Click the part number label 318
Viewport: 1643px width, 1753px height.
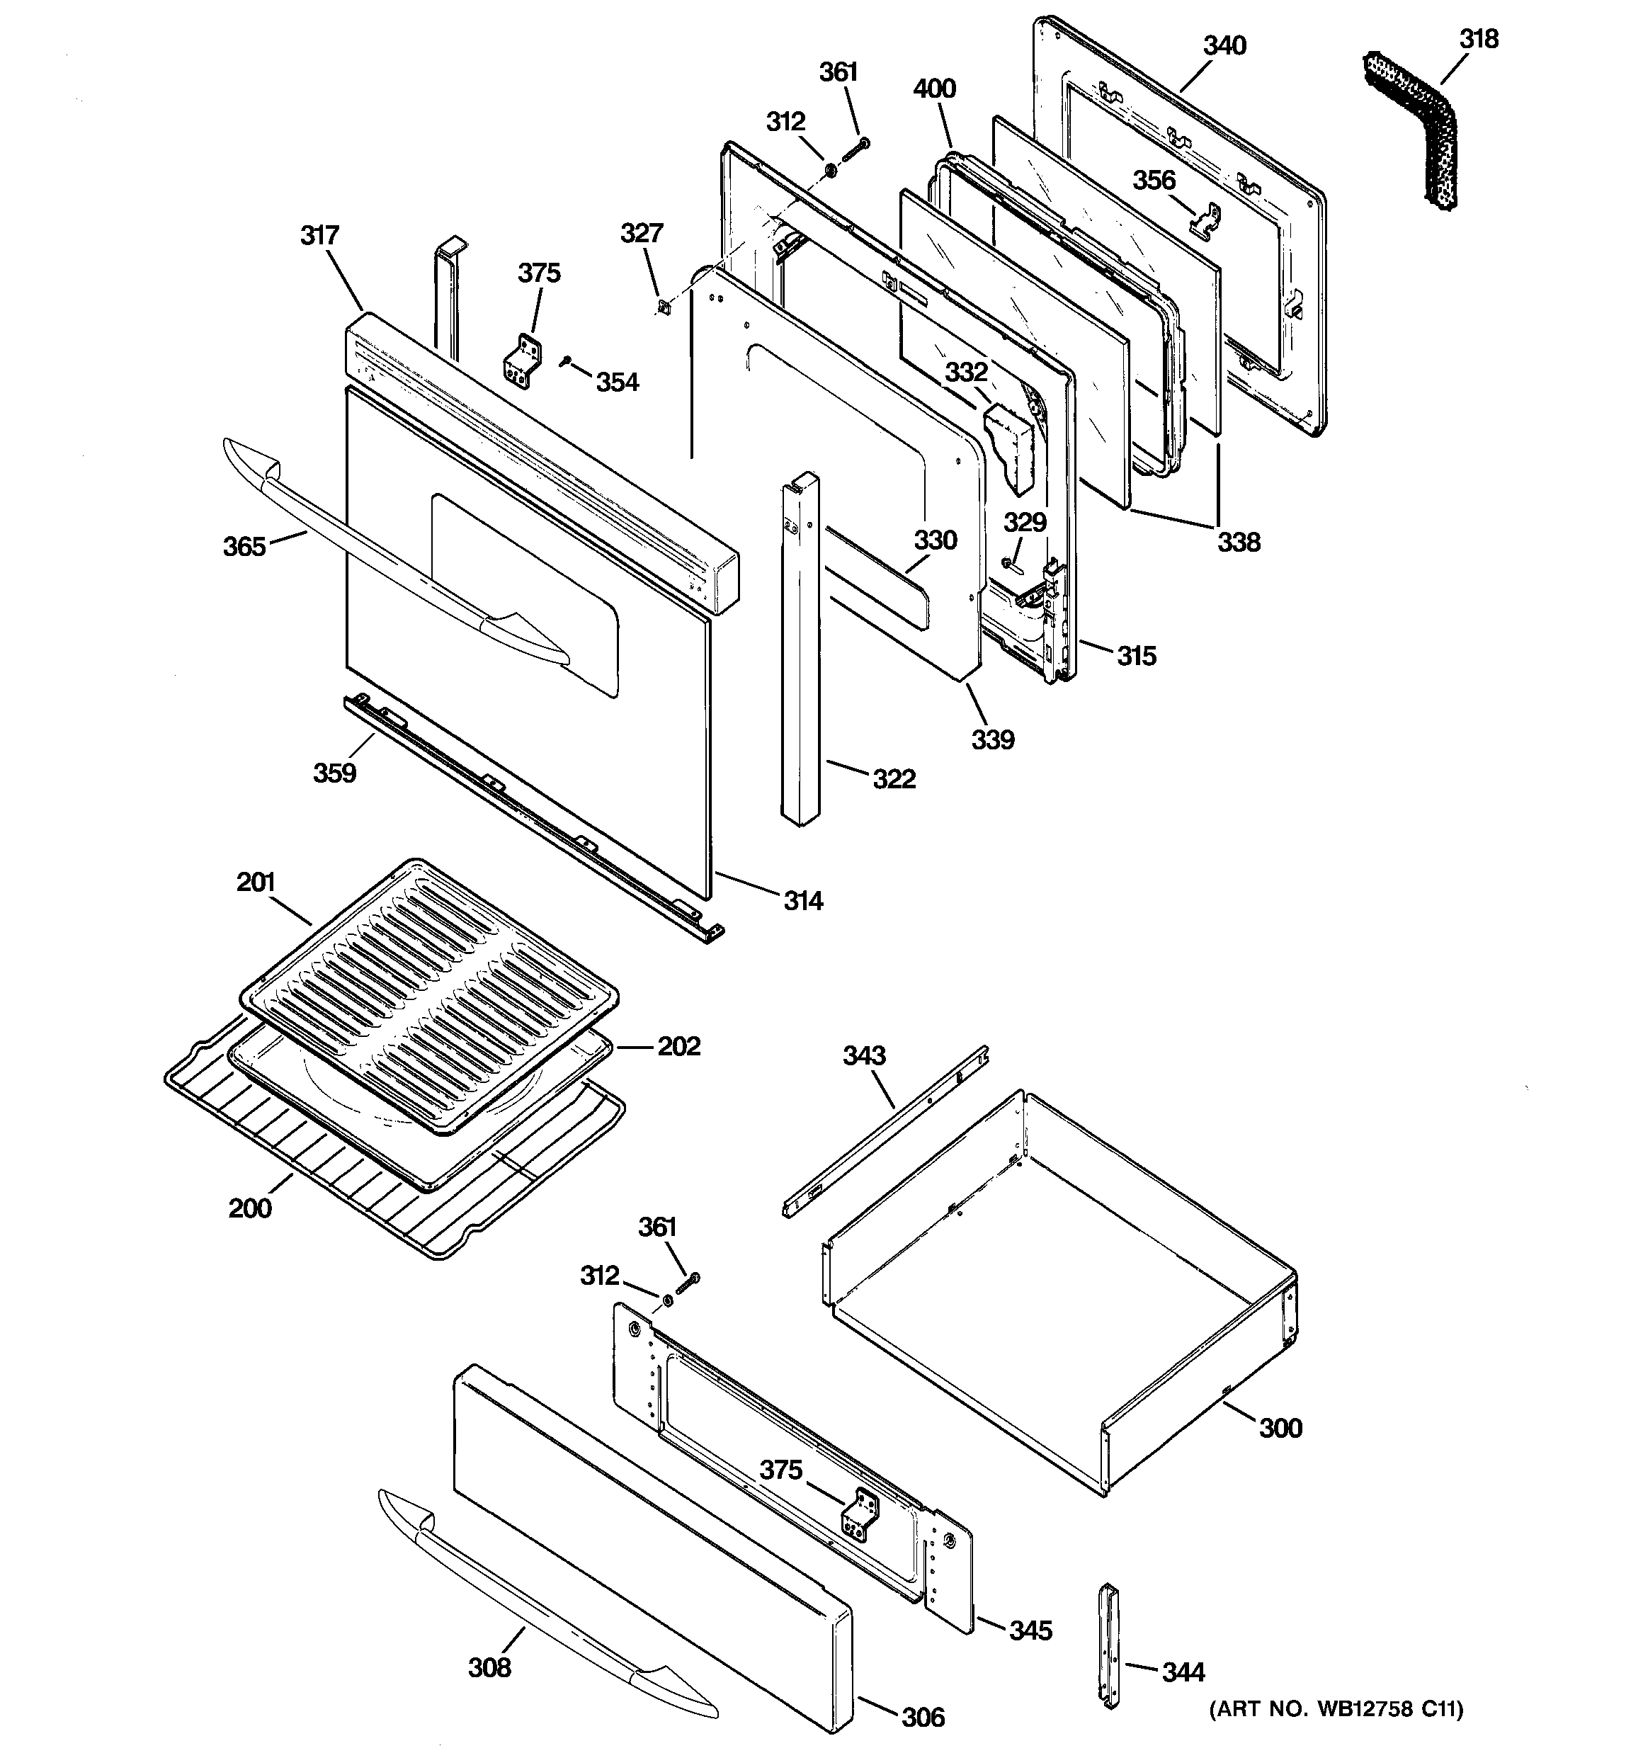(x=1478, y=39)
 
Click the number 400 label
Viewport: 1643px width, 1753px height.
(x=934, y=89)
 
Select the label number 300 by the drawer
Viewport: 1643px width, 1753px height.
(x=1280, y=1428)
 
